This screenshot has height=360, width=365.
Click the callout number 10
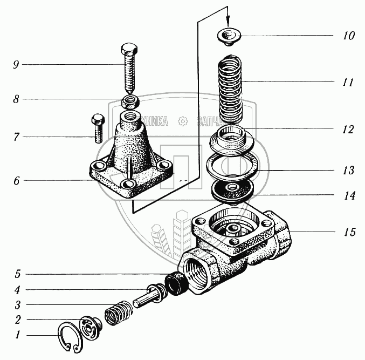[x=348, y=36]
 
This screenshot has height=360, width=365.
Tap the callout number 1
[x=17, y=335]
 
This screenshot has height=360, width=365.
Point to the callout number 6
[x=17, y=180]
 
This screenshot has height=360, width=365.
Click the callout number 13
[x=348, y=171]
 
